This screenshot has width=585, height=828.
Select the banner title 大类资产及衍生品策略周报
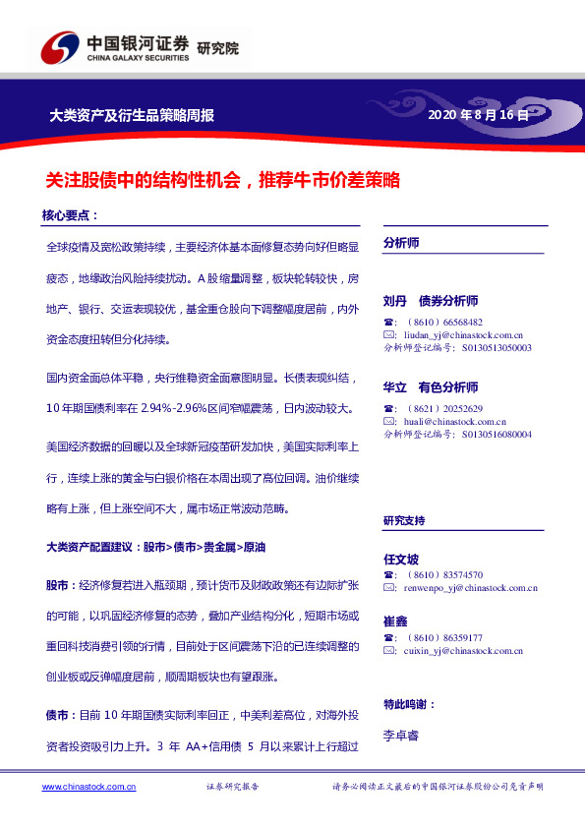(132, 115)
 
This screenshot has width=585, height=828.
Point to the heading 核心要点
(69, 214)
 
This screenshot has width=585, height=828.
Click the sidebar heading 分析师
(401, 242)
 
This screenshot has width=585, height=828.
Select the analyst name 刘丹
(395, 301)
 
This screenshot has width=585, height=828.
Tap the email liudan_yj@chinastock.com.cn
(458, 334)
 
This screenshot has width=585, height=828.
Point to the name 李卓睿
(401, 734)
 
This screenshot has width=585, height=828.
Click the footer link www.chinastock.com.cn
(89, 787)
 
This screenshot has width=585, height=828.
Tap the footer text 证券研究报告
(232, 788)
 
